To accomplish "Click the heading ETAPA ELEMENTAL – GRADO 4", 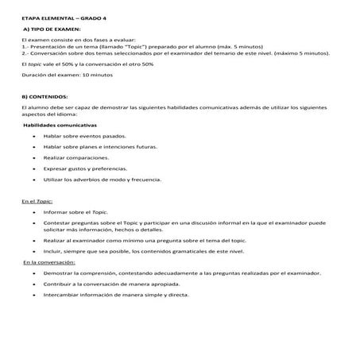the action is click(x=61, y=16).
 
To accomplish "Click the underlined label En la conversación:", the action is click(x=48, y=261).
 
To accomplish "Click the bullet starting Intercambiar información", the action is click(x=117, y=294).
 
